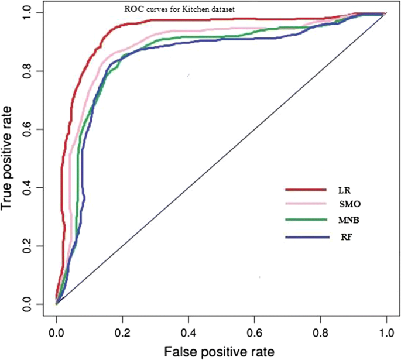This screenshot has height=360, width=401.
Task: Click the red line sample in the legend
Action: pos(306,190)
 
